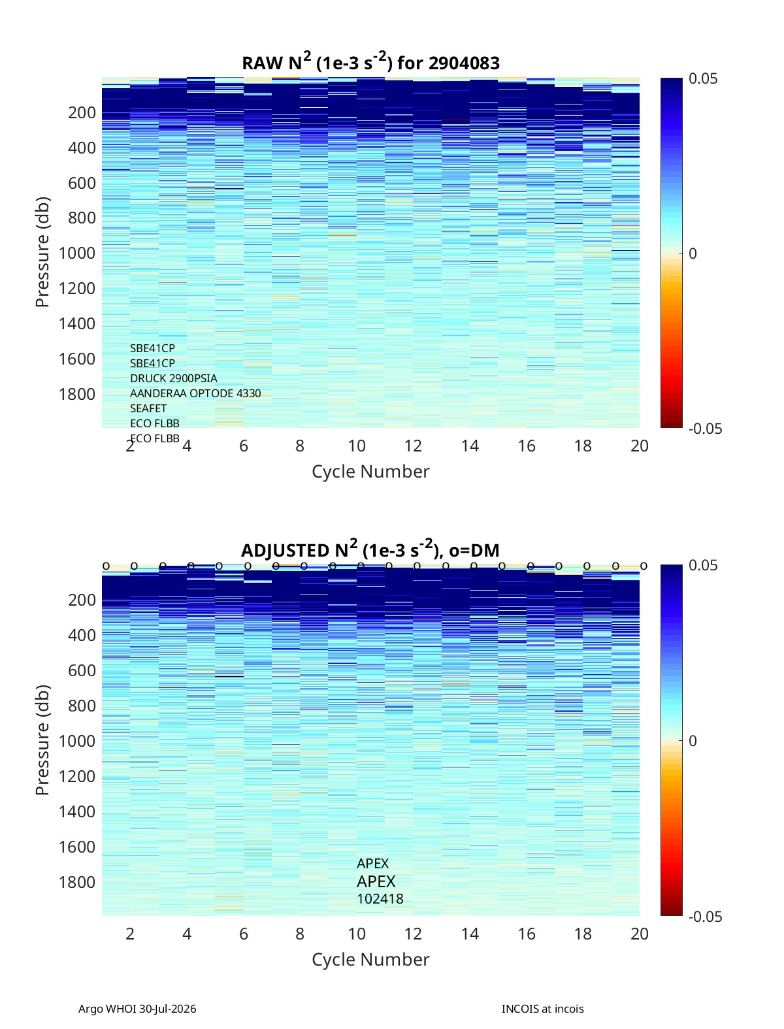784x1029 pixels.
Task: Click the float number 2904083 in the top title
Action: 464,63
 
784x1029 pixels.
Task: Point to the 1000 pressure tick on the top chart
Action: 77,253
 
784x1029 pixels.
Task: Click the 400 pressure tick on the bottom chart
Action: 82,635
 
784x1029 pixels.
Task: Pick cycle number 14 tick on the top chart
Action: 470,446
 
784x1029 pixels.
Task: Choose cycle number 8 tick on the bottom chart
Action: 300,934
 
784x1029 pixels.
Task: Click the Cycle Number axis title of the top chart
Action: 370,472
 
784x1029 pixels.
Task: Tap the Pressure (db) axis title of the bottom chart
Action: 42,740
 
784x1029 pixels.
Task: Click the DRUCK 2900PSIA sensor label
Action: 173,378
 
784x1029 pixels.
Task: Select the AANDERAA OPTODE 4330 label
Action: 195,393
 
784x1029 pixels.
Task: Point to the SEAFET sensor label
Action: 148,408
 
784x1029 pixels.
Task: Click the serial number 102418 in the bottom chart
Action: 380,899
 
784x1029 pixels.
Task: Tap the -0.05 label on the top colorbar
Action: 705,429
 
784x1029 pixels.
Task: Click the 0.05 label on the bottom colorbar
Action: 703,565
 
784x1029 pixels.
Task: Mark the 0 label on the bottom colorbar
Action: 693,741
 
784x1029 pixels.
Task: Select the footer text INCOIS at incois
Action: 543,1009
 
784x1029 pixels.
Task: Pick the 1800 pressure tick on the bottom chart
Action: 77,882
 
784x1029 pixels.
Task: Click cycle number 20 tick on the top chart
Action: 639,446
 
